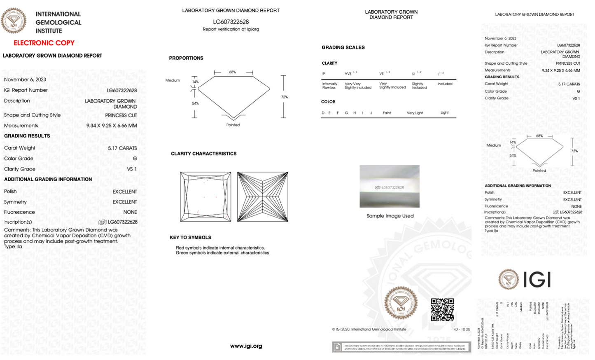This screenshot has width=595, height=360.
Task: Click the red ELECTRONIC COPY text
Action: [x=44, y=43]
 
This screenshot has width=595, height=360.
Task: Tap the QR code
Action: [x=442, y=310]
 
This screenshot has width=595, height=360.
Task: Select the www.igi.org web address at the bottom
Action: [x=246, y=346]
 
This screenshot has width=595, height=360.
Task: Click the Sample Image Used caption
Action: [x=390, y=216]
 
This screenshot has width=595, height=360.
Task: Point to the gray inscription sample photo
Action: [x=390, y=186]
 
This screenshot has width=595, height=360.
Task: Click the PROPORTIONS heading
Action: [x=186, y=58]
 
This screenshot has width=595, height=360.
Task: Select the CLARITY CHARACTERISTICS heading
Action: [x=204, y=154]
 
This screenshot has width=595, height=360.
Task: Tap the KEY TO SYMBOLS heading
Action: [x=190, y=238]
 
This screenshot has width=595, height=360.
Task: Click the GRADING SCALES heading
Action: [x=343, y=47]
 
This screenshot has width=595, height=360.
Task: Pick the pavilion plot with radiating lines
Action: [x=263, y=197]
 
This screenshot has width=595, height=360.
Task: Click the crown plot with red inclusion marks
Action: [x=205, y=197]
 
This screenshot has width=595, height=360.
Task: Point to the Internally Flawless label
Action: [x=329, y=86]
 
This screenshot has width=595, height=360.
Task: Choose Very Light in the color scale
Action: [x=415, y=113]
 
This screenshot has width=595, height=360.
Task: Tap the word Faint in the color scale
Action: [x=387, y=113]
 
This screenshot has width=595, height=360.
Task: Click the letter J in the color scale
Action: [x=371, y=113]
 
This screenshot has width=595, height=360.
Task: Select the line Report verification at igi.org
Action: [x=231, y=29]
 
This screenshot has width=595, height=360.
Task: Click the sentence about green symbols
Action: [x=223, y=253]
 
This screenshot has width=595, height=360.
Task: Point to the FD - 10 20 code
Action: [x=462, y=329]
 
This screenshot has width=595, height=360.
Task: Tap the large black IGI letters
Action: [x=537, y=280]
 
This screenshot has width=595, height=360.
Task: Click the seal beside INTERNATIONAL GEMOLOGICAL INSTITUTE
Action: [x=14, y=21]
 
